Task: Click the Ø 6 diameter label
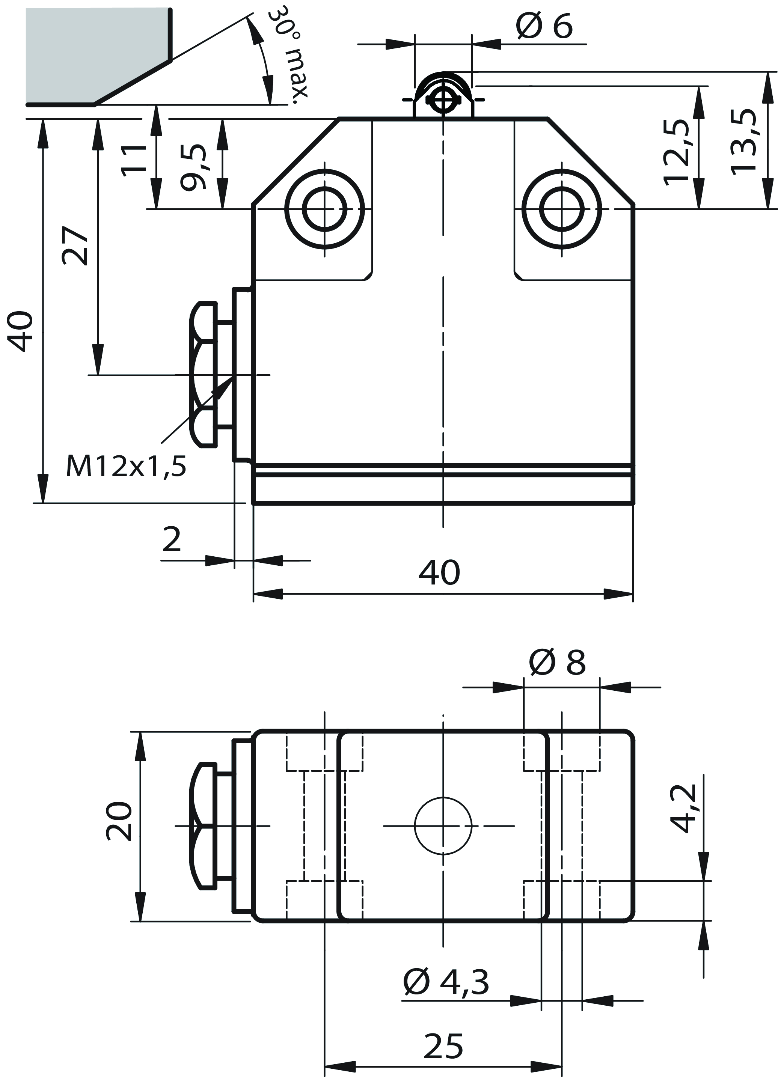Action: [x=544, y=27]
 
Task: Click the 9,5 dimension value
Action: [x=194, y=167]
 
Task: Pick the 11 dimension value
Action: [x=134, y=161]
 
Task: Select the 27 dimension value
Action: [x=75, y=246]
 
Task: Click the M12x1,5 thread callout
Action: [x=126, y=466]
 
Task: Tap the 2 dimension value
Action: [x=172, y=539]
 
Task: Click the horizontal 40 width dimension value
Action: [x=439, y=573]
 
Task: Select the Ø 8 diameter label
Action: [x=557, y=663]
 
